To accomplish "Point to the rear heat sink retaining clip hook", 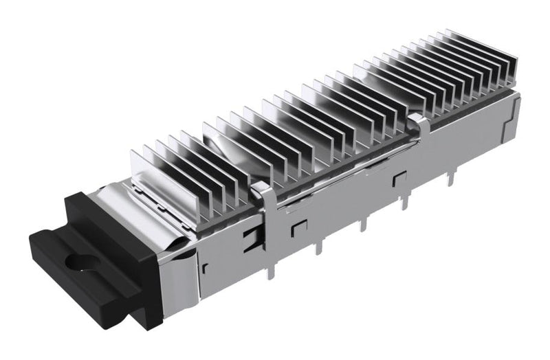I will click(x=417, y=122).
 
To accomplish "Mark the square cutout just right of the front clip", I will click(x=298, y=226).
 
